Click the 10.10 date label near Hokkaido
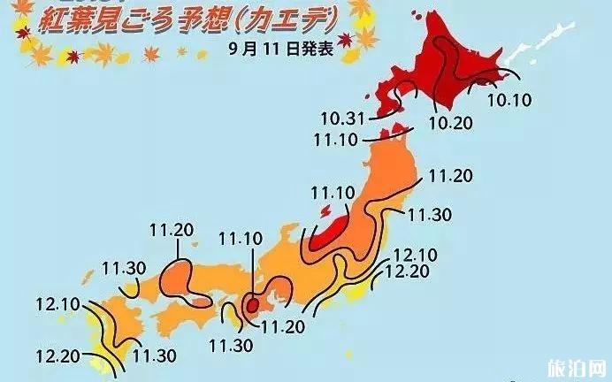(x=509, y=100)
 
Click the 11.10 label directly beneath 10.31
(x=335, y=139)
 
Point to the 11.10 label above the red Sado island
(x=333, y=193)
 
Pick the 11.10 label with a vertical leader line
(x=240, y=238)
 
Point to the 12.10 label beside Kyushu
(x=58, y=306)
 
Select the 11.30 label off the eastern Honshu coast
(x=429, y=214)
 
